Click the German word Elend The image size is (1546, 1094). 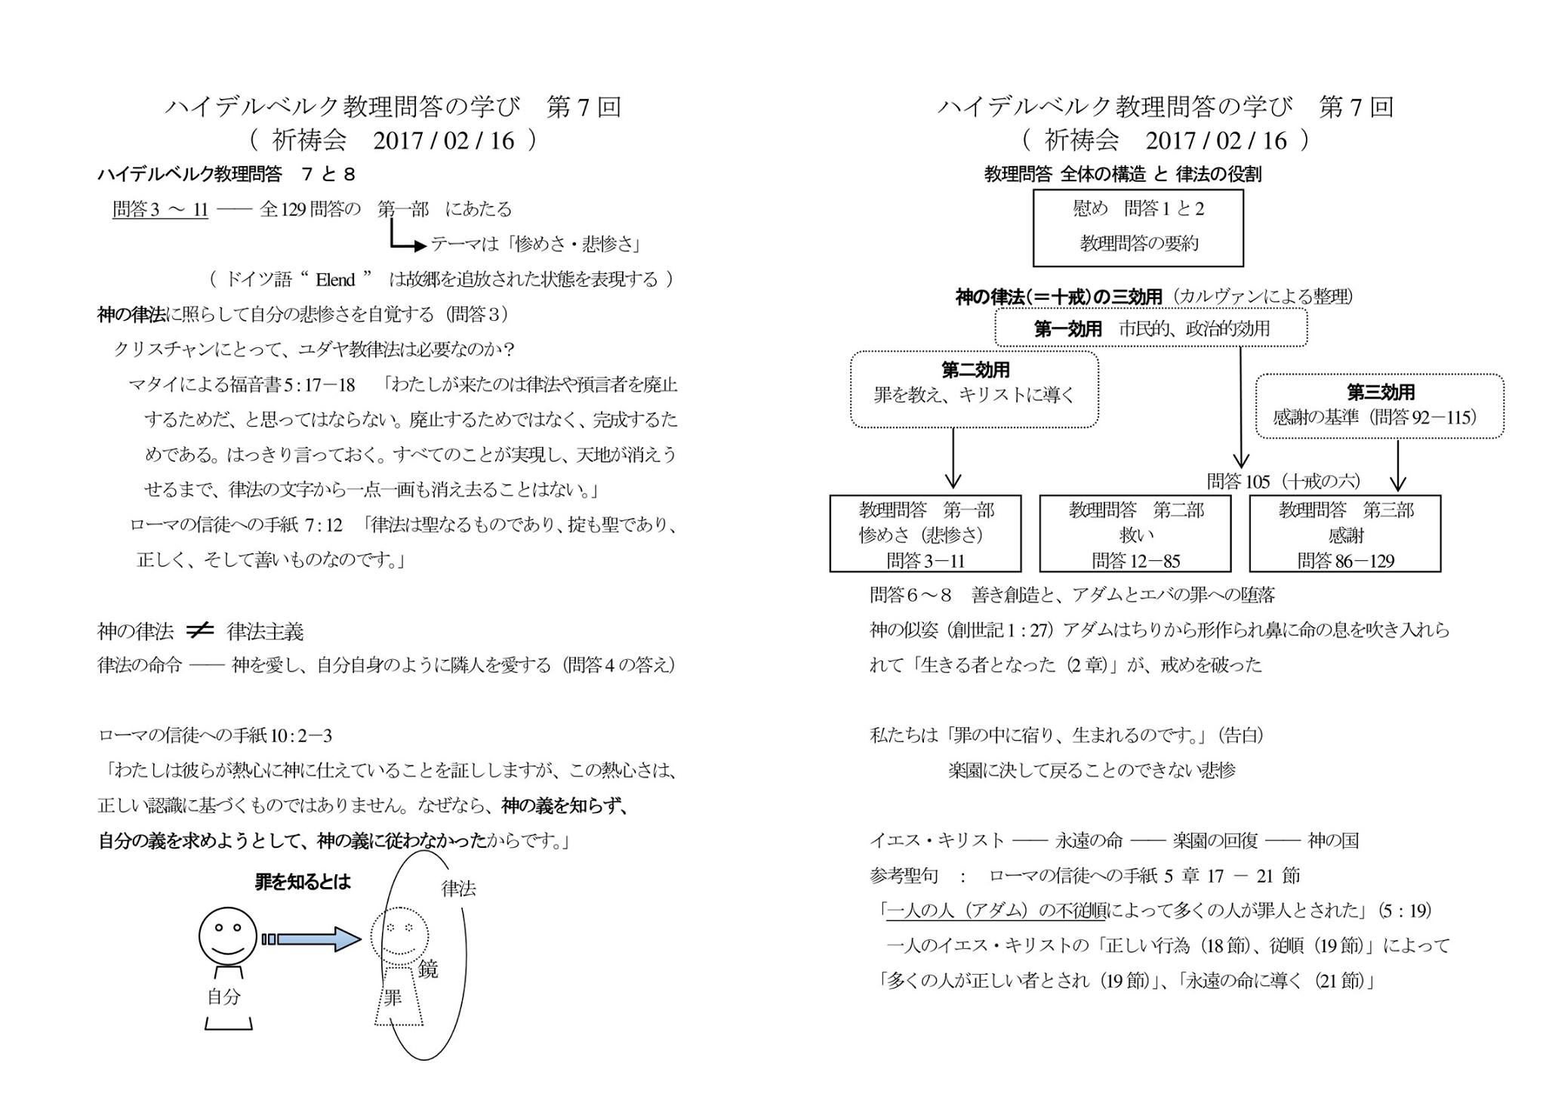pos(335,280)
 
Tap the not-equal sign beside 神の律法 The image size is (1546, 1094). pos(200,630)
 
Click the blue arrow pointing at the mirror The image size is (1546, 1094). pos(311,939)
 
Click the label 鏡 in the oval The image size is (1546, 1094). pos(428,969)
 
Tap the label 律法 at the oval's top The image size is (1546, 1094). pos(458,889)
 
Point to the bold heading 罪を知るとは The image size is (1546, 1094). pos(303,882)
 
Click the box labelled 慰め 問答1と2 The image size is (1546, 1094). pos(1138,227)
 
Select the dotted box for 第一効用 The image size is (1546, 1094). pos(1150,328)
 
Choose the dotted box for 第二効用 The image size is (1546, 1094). pos(974,390)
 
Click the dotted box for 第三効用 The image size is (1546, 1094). pos(1379,405)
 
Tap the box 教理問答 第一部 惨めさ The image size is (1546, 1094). pos(925,534)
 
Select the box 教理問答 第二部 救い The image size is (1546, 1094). pos(1135,534)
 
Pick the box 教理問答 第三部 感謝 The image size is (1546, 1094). pos(1344,534)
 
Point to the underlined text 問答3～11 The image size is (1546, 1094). pos(160,209)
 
